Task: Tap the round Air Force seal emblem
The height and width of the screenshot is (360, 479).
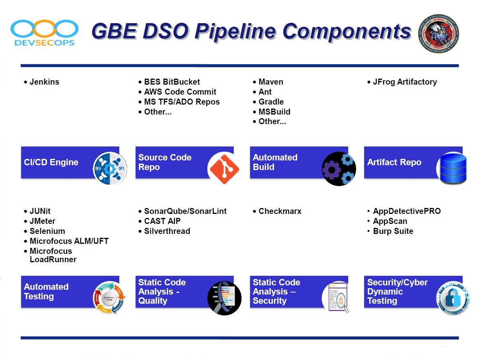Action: pyautogui.click(x=438, y=33)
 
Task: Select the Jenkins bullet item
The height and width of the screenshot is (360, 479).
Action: pyautogui.click(x=44, y=82)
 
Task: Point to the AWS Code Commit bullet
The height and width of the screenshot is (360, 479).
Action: pyautogui.click(x=180, y=92)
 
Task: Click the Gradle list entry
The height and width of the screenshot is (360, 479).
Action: pyautogui.click(x=271, y=102)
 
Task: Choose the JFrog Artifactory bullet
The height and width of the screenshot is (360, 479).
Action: pyautogui.click(x=404, y=82)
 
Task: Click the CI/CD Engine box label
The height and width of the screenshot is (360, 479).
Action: pyautogui.click(x=51, y=162)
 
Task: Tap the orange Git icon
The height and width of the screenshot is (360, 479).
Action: pyautogui.click(x=224, y=169)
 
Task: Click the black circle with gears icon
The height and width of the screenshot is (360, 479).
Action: pyautogui.click(x=339, y=169)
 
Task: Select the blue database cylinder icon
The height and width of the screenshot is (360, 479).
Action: pyautogui.click(x=453, y=168)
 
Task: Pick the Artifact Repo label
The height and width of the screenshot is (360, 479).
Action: pyautogui.click(x=394, y=162)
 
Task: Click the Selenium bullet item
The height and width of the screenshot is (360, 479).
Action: pyautogui.click(x=47, y=231)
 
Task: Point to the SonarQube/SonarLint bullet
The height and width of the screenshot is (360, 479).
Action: pyautogui.click(x=185, y=211)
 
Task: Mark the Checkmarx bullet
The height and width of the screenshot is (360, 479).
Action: pyautogui.click(x=280, y=211)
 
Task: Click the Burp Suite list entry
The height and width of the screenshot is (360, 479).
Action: pyautogui.click(x=393, y=231)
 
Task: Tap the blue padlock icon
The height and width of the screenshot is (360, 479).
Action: pyautogui.click(x=453, y=298)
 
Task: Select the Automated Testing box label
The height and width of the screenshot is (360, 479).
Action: pyautogui.click(x=46, y=292)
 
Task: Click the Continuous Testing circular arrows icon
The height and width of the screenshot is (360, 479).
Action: pyautogui.click(x=110, y=298)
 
